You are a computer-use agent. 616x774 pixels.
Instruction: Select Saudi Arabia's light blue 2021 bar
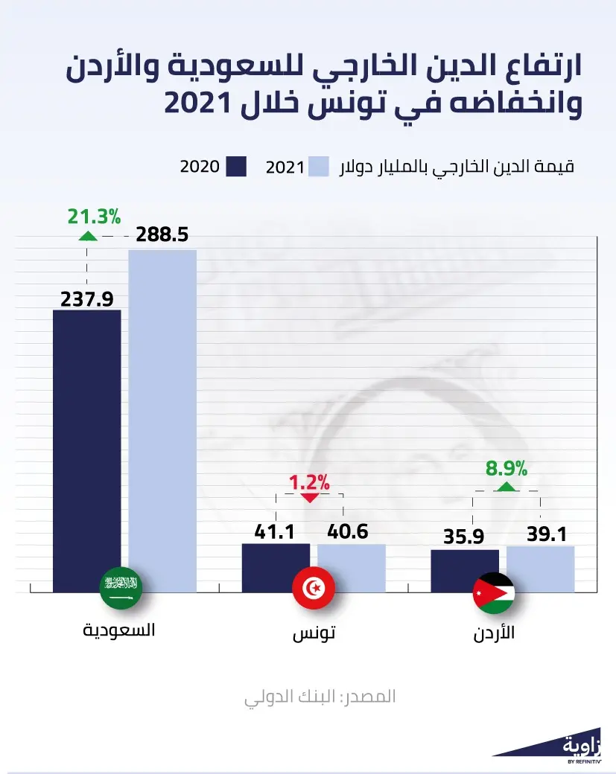tap(162, 417)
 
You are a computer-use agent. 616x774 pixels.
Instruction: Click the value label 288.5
tap(161, 236)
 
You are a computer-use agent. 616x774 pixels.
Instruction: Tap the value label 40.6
tap(348, 532)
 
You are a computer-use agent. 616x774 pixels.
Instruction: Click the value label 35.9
tap(464, 537)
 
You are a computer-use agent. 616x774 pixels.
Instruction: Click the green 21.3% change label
tap(94, 217)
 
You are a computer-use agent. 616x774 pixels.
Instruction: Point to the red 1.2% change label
tap(309, 482)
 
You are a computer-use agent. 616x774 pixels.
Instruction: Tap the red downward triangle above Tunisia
tap(309, 497)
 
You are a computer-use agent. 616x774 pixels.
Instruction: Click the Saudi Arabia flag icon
tap(121, 589)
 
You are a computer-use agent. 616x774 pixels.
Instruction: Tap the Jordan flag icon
tap(493, 593)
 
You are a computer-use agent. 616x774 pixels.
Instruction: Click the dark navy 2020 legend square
tap(236, 166)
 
